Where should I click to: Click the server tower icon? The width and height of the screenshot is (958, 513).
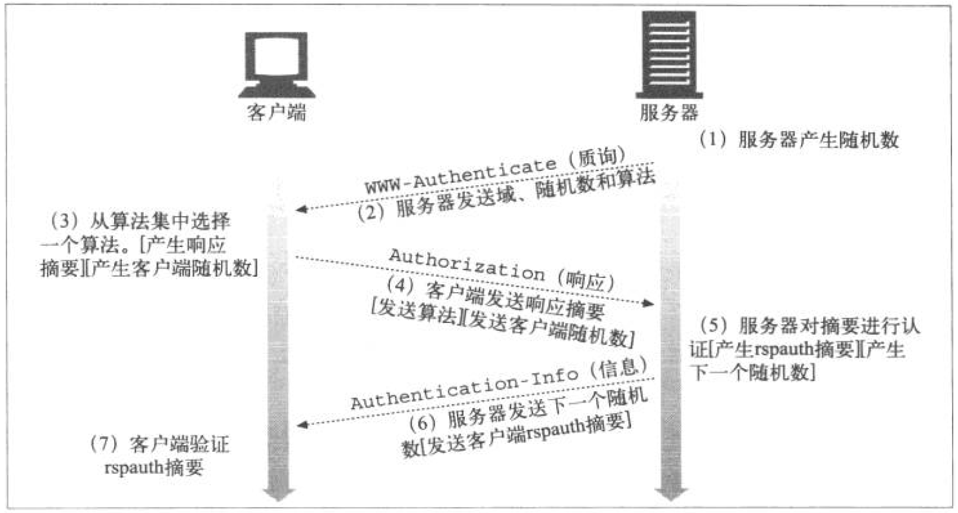[669, 55]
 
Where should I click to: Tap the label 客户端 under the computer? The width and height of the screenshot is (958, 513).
[276, 112]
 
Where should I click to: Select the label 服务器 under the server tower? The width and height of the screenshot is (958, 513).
[669, 112]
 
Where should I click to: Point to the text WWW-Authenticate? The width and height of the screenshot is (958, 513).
[461, 175]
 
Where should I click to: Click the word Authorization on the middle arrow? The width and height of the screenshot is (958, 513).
[467, 264]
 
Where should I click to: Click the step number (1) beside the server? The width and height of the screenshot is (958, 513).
[713, 140]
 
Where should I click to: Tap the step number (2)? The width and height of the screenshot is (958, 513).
[372, 212]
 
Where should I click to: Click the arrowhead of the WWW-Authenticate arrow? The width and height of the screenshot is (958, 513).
[301, 209]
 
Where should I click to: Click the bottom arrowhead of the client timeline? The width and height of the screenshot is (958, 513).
[279, 494]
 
